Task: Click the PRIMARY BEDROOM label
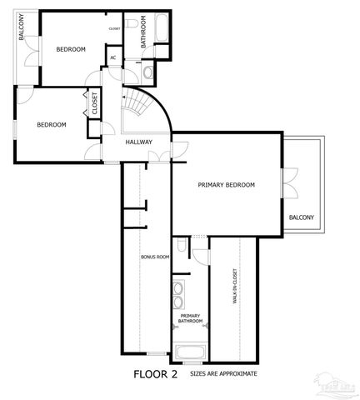226,185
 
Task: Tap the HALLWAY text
138,142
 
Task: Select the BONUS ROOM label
155,257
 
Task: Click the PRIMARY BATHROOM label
190,318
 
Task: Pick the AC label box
112,58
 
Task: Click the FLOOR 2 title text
156,375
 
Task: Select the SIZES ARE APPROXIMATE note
223,375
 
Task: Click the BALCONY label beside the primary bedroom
301,217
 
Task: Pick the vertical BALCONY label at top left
22,29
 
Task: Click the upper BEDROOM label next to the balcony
71,49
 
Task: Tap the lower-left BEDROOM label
51,124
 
